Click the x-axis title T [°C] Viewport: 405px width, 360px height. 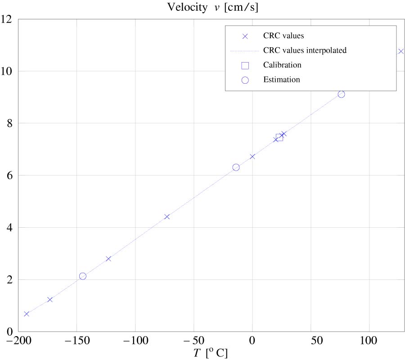[x=211, y=353]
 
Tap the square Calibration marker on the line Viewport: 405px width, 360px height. [x=279, y=137]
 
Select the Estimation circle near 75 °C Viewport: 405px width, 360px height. [x=341, y=94]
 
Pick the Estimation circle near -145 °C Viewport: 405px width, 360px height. [x=83, y=276]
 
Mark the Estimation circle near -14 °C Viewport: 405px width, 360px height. [x=236, y=167]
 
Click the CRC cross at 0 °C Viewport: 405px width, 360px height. [x=252, y=157]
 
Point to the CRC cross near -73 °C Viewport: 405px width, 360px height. [x=167, y=216]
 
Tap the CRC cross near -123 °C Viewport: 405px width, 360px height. [x=108, y=258]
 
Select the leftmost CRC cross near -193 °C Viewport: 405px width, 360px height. [x=27, y=314]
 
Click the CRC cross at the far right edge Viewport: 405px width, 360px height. [x=401, y=51]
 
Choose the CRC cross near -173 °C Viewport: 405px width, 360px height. [x=50, y=299]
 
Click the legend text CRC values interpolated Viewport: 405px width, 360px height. [x=305, y=50]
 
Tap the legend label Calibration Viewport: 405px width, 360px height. [x=282, y=65]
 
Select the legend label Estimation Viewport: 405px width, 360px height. [x=281, y=80]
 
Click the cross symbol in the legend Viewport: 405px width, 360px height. [x=245, y=36]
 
